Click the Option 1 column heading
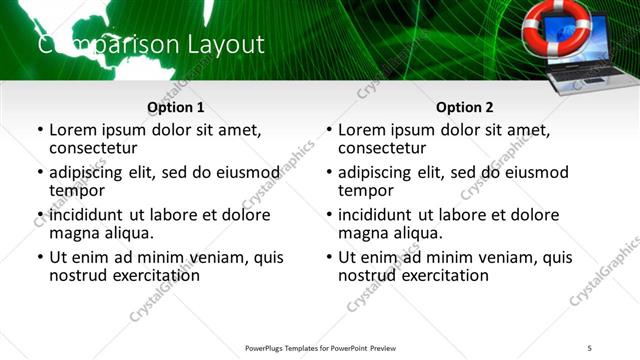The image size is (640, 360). point(175,107)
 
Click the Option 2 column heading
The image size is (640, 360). point(465,107)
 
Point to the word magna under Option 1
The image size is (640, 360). point(73,233)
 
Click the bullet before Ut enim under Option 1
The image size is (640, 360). point(39,258)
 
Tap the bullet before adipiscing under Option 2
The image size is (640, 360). point(328,173)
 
